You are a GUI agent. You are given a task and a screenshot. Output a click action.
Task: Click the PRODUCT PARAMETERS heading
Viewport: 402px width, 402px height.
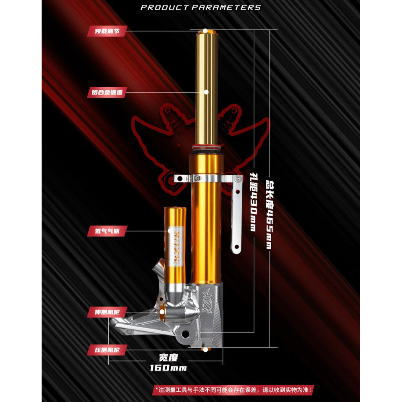coord(201,7)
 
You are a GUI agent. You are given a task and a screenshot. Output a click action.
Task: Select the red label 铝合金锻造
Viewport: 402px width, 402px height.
coord(102,93)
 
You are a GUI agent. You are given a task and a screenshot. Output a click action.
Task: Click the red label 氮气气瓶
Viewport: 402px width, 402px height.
coord(102,231)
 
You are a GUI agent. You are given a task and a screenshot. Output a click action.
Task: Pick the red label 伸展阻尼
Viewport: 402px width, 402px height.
coord(102,312)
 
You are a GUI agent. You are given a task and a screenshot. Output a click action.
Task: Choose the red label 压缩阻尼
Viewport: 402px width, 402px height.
coord(102,349)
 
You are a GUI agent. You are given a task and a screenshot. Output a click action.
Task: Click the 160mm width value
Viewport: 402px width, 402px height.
coord(168,368)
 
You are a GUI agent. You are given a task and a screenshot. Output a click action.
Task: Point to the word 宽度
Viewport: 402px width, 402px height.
coord(168,357)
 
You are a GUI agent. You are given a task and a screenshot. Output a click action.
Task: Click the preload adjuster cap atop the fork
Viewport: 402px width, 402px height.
coord(205,31)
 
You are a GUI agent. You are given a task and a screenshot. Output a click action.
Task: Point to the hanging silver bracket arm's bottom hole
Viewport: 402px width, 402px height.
coord(236,248)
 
